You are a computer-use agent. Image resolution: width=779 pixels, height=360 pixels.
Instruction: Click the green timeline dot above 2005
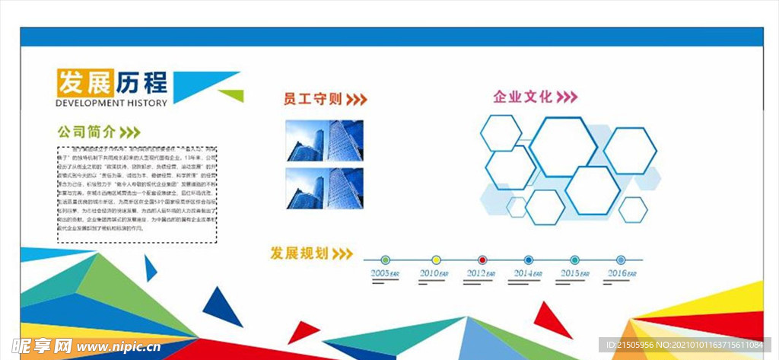386,260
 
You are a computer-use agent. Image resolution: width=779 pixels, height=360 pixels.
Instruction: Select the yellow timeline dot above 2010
436,260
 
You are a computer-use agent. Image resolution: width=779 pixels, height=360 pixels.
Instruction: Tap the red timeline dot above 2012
482,260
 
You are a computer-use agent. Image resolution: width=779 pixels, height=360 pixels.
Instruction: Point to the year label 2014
526,272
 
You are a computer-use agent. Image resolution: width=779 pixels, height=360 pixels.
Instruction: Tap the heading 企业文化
523,97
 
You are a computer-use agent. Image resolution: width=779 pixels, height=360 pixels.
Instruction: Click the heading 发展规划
299,253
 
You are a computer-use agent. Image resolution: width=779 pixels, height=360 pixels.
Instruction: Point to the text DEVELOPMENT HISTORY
111,103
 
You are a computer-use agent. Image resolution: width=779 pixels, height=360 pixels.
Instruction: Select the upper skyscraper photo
325,140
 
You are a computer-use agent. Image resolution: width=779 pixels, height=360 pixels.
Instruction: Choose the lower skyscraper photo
325,188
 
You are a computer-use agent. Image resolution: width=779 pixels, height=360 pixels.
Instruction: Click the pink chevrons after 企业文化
568,97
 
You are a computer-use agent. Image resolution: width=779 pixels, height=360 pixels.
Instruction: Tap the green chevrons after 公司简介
130,131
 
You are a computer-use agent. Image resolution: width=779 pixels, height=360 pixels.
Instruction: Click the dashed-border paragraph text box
137,194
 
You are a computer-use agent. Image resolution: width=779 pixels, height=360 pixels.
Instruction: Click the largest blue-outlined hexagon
563,146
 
